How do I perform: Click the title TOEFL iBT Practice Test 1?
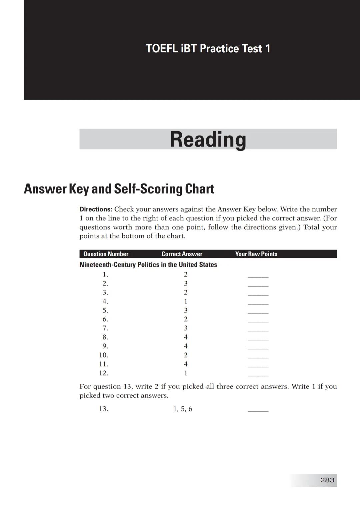[x=208, y=49]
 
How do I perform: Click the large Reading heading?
[x=208, y=139]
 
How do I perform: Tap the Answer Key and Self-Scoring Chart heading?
[x=119, y=189]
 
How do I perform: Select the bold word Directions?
[x=96, y=210]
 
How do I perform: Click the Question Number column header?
[x=106, y=254]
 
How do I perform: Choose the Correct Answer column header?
[x=182, y=254]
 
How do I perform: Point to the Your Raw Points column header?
[x=256, y=254]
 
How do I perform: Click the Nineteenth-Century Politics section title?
[x=148, y=264]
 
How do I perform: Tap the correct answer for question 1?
[x=186, y=274]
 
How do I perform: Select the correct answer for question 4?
[x=186, y=301]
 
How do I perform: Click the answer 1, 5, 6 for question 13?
[x=183, y=409]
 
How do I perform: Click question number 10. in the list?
[x=104, y=355]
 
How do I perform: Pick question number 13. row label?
[x=104, y=409]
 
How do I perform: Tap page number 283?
[x=327, y=480]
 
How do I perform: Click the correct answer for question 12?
[x=186, y=373]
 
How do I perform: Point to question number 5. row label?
[x=105, y=310]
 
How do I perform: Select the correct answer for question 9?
[x=186, y=346]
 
